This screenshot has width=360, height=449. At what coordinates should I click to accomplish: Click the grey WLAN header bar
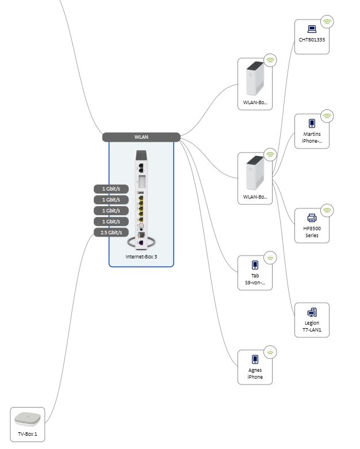(141, 137)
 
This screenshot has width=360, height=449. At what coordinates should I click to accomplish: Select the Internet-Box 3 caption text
(141, 256)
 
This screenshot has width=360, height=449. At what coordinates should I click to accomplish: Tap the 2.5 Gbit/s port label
(111, 233)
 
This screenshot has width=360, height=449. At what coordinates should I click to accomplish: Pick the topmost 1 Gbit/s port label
(111, 189)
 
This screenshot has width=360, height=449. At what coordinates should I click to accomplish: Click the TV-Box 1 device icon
(28, 418)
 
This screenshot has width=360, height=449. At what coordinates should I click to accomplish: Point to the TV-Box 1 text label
(28, 434)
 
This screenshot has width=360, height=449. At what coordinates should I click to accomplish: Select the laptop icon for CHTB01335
(312, 29)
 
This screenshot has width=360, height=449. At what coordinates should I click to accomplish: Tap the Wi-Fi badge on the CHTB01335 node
(327, 22)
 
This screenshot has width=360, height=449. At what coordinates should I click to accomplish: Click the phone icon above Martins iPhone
(312, 123)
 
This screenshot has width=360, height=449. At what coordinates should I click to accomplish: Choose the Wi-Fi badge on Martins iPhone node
(327, 116)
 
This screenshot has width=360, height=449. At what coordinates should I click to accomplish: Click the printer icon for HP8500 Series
(312, 218)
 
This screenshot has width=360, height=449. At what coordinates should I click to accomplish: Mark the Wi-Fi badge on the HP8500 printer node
(327, 211)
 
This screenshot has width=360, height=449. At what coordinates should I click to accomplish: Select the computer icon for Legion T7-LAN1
(312, 312)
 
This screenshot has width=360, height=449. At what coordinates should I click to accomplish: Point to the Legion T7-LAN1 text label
(312, 327)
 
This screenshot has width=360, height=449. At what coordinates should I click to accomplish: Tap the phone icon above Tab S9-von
(255, 265)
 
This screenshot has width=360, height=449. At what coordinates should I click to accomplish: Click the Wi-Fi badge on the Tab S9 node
(270, 258)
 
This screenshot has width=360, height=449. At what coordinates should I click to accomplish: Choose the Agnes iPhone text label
(255, 374)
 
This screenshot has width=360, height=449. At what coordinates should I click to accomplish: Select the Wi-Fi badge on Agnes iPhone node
(270, 352)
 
